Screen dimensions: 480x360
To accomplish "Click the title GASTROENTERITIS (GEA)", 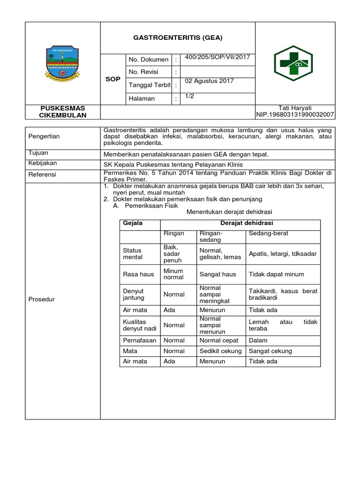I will coord(178,38).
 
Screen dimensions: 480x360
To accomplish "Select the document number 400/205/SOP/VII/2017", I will coord(217,57).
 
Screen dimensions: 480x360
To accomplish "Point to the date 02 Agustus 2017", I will coord(209,81).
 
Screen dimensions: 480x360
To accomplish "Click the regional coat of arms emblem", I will coord(63,63).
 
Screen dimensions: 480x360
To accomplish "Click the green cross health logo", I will coord(295,63).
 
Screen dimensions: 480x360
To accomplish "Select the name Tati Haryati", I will coord(295,108).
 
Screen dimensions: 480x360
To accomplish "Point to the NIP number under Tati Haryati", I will coord(295,115).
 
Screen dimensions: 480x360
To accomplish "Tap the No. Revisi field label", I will coord(143,72).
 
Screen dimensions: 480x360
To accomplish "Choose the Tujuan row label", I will coord(39,153).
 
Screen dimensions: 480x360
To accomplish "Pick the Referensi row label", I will coord(43,174).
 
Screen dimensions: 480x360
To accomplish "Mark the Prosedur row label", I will coord(42,299).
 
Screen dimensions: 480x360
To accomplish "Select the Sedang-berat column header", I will coord(269,233).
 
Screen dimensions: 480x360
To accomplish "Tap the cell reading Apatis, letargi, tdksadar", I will coord(283,254).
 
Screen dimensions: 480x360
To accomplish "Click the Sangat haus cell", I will coord(217,274).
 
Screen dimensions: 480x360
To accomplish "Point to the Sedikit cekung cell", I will coord(220,351).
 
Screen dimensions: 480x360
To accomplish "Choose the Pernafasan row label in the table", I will coord(139,340).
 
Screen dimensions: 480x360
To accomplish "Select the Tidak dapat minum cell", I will coord(276,274).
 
